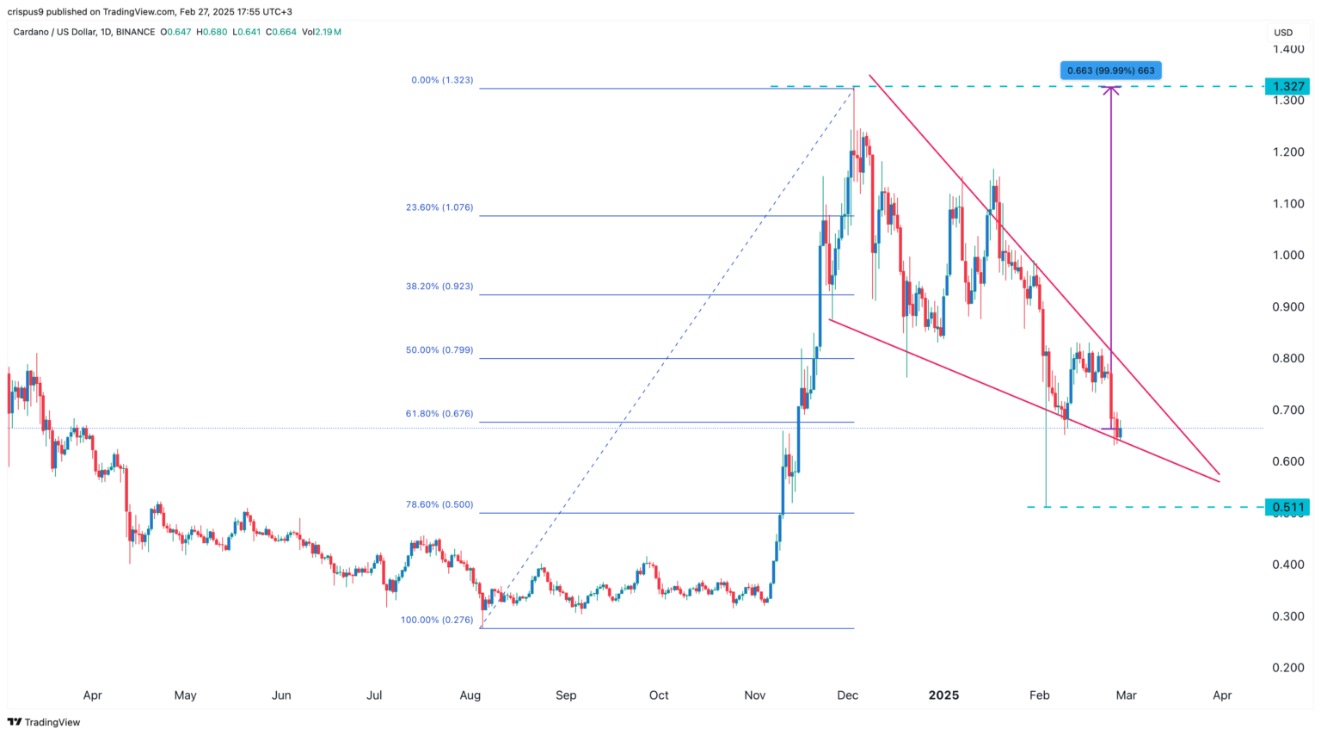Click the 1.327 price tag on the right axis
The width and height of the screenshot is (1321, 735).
(x=1287, y=86)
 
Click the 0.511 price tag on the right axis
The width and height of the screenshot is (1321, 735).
(x=1287, y=507)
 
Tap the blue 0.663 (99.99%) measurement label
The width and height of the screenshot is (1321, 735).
(x=1110, y=71)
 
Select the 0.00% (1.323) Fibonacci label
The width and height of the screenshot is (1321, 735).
(x=442, y=80)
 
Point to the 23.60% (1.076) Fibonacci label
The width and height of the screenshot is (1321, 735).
(x=439, y=207)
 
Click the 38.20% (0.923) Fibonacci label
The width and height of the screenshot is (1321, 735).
(x=439, y=287)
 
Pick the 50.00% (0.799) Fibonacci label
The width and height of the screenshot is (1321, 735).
(x=439, y=350)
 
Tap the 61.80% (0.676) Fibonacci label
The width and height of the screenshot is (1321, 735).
(x=439, y=414)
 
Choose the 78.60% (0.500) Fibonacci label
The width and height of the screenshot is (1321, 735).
(x=439, y=505)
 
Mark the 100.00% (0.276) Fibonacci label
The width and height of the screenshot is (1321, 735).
(x=437, y=620)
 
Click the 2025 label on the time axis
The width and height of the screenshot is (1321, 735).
(x=943, y=695)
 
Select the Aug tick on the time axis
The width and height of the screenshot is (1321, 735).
(x=470, y=695)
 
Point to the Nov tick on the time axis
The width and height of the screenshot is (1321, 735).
(x=754, y=695)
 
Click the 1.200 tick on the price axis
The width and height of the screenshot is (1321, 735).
(x=1288, y=152)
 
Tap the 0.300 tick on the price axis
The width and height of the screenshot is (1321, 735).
(x=1288, y=616)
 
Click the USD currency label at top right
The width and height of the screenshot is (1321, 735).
(x=1283, y=33)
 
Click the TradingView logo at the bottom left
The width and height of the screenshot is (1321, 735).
(x=44, y=722)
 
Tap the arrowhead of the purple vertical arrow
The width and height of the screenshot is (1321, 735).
(x=1111, y=90)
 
